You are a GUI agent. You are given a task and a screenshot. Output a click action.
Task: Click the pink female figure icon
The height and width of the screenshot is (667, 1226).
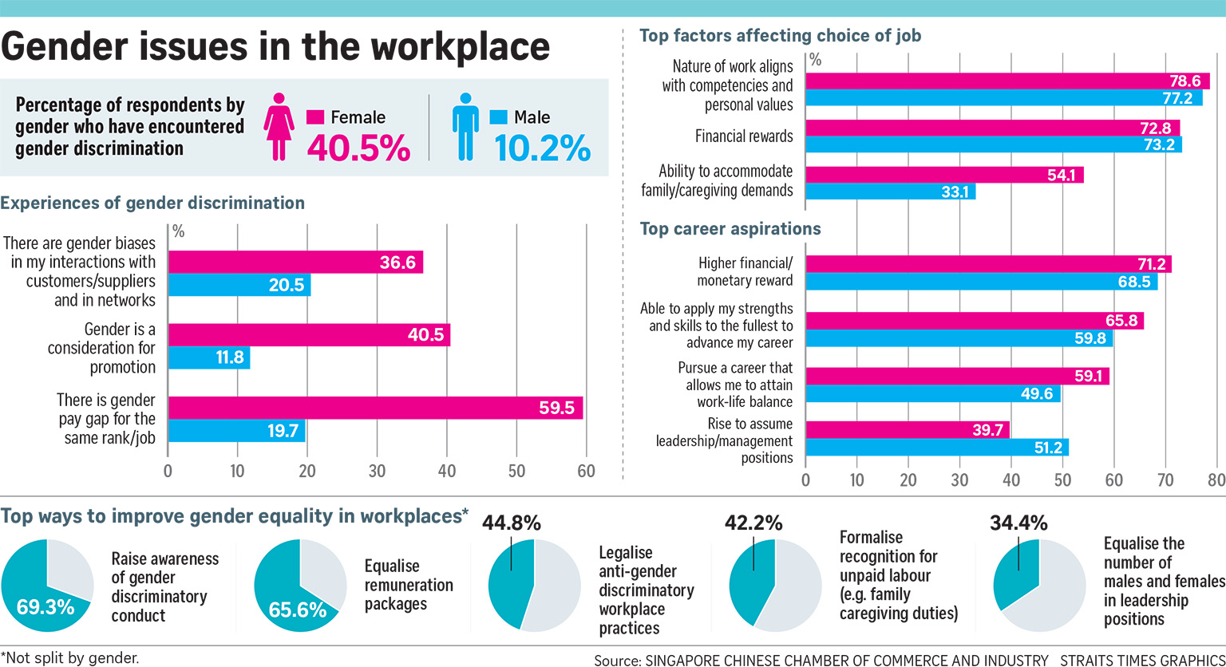(x=279, y=128)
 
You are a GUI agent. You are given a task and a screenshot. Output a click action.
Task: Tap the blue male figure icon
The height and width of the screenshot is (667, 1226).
(x=465, y=128)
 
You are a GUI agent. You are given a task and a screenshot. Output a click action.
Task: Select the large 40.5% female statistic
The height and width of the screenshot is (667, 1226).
(x=358, y=148)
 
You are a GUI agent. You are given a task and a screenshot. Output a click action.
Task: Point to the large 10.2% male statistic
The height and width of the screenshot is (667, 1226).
(x=542, y=148)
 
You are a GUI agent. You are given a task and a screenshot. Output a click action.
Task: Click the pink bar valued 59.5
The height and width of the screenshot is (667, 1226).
(x=375, y=408)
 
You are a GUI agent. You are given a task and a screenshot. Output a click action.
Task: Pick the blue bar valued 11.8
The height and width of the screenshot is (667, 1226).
(x=209, y=358)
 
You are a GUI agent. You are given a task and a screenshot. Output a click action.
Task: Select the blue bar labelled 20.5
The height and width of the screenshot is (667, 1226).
(x=239, y=285)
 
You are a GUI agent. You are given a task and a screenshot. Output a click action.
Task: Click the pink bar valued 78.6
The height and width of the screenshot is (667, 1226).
(x=1007, y=81)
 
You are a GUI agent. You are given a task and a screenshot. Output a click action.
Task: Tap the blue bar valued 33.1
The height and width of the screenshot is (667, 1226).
(x=891, y=191)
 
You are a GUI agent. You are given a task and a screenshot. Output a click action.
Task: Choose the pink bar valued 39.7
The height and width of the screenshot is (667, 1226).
(x=908, y=430)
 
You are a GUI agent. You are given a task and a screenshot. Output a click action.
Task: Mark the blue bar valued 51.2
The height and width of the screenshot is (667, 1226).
(x=937, y=448)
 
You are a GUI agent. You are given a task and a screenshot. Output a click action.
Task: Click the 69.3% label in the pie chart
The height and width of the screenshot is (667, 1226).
(x=45, y=606)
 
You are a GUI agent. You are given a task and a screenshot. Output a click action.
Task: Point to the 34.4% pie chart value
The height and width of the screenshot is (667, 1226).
(x=1019, y=524)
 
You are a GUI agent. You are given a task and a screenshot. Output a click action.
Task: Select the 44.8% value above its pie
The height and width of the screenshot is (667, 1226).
(x=512, y=524)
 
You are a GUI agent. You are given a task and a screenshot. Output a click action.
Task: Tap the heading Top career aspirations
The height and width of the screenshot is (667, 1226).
(x=730, y=229)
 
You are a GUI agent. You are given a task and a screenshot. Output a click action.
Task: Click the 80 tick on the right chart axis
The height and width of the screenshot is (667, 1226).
(x=1216, y=481)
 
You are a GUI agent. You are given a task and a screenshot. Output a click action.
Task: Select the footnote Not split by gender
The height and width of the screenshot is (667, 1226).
(x=69, y=658)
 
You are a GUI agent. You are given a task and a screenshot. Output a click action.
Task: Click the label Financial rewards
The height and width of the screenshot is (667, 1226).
(x=744, y=136)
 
